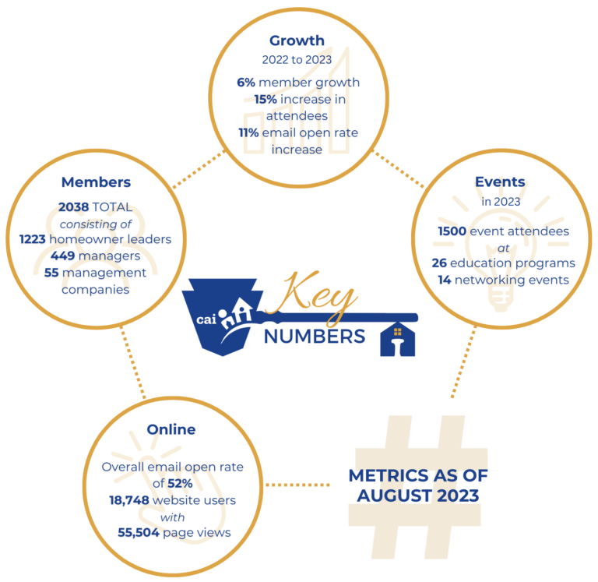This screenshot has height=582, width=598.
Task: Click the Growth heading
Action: [x=297, y=41]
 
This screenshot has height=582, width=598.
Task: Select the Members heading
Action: [x=96, y=182]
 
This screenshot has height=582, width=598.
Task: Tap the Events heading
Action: [x=500, y=182]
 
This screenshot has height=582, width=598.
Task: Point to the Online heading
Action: [x=171, y=429]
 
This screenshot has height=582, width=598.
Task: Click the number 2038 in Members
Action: [x=74, y=206]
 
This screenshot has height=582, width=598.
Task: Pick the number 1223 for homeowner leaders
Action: [x=33, y=239]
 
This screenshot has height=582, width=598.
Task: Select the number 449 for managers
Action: [x=62, y=256]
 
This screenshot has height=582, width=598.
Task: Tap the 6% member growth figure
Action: [x=246, y=83]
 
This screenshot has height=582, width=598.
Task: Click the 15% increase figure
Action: [x=266, y=99]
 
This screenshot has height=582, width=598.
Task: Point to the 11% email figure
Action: [x=248, y=132]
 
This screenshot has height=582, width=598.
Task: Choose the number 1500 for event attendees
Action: [x=452, y=231]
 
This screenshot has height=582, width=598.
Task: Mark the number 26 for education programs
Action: [x=439, y=263]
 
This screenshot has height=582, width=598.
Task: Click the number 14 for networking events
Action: [x=445, y=280]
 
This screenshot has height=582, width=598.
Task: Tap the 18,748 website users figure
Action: [x=129, y=500]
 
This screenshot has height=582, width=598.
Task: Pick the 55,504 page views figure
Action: [x=139, y=532]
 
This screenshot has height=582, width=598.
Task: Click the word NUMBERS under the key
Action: [x=315, y=337]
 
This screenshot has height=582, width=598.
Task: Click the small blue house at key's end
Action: [x=397, y=339]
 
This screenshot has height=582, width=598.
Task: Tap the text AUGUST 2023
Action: [x=418, y=496]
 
